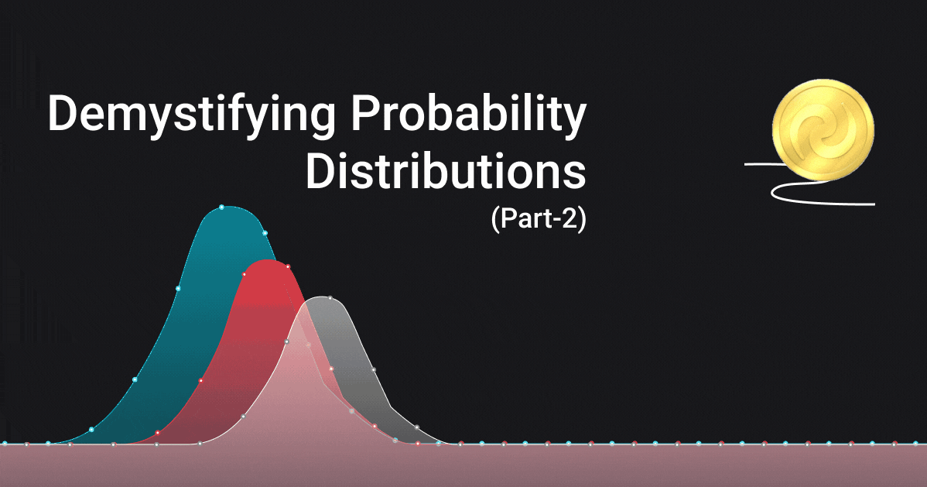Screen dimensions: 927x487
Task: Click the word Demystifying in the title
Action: pos(192,115)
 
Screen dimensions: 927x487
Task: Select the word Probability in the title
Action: pos(468,115)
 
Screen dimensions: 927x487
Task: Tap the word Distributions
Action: pos(446,172)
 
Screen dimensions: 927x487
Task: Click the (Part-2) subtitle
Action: pos(539,219)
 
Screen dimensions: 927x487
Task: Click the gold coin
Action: pos(823,129)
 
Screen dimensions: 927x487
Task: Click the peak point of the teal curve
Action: pos(222,207)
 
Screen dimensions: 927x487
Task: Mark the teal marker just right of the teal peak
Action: pos(265,233)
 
